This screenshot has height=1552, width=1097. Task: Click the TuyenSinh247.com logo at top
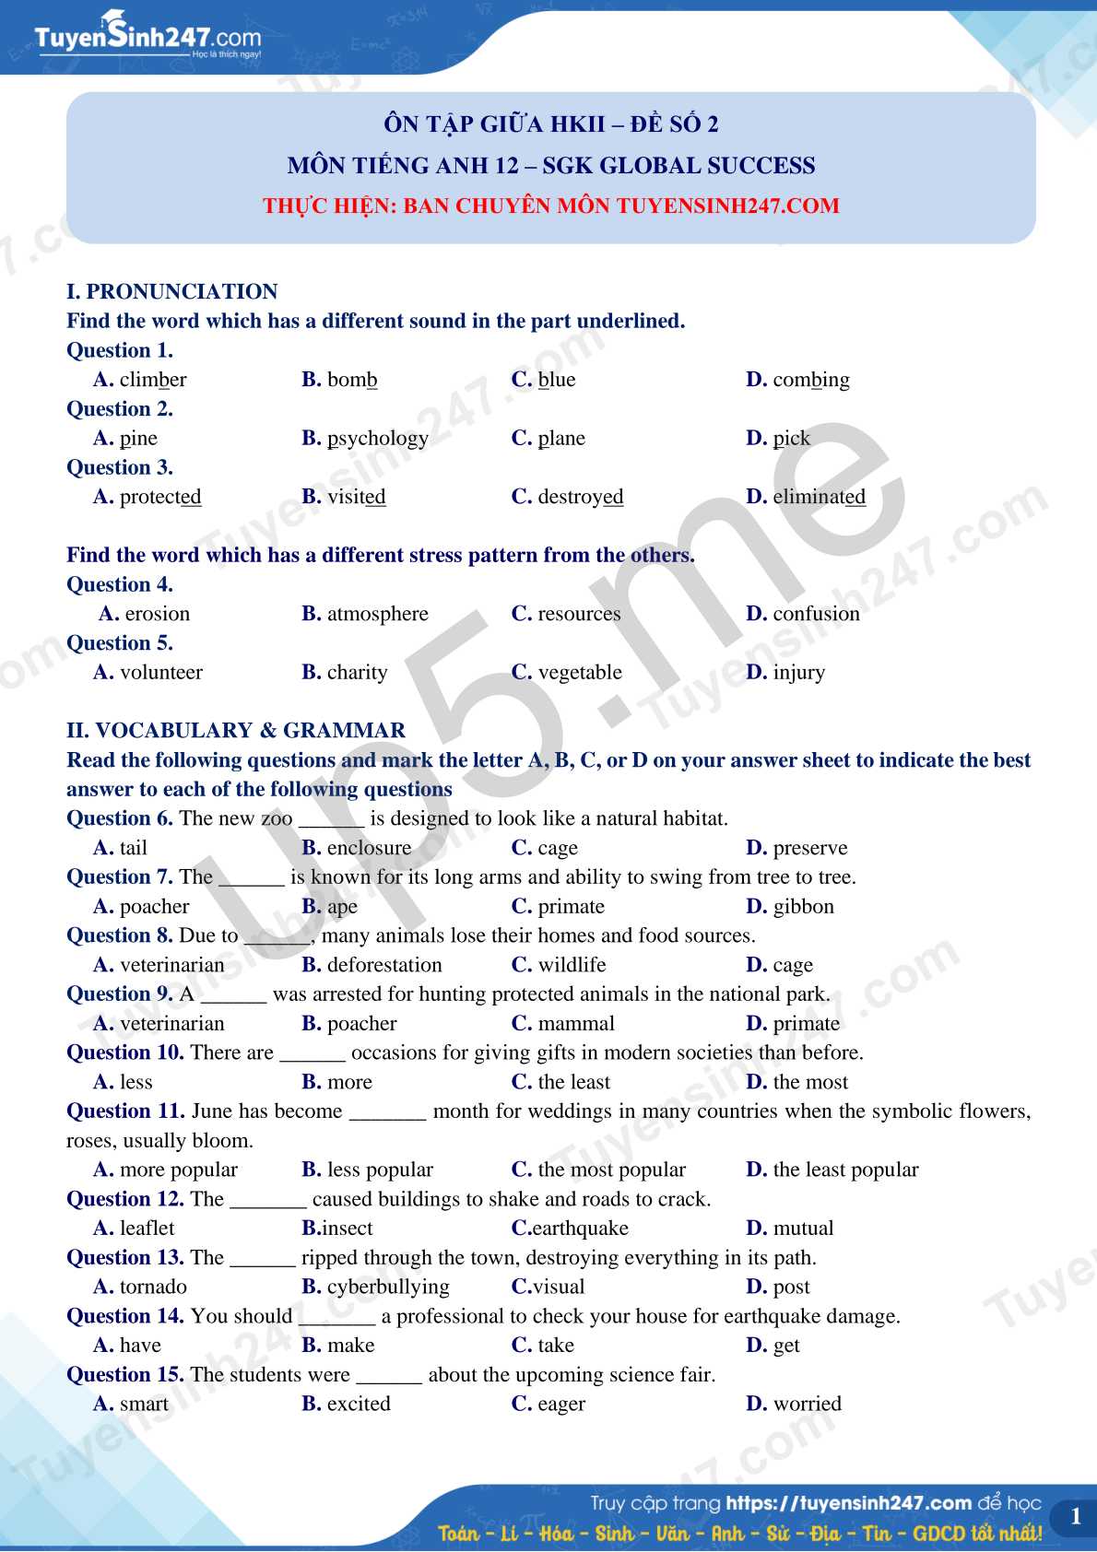147,37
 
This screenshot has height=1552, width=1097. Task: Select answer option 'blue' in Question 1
556,380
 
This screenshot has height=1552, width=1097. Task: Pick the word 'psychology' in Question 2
377,439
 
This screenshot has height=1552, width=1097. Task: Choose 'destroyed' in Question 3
580,497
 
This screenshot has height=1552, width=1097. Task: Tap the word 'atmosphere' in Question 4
377,614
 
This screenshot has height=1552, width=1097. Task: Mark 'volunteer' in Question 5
160,673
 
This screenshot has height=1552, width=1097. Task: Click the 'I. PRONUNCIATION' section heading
172,292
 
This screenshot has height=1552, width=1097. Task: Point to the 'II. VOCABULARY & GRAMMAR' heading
236,731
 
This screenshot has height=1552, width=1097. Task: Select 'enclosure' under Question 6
369,848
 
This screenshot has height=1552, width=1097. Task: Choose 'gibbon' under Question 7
803,907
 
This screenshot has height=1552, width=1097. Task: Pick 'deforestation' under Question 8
384,965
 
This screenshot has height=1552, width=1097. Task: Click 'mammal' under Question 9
576,1024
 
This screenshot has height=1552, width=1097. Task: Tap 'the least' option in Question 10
573,1082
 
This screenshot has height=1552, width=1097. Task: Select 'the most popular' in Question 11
611,1170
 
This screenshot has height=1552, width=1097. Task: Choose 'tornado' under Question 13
153,1287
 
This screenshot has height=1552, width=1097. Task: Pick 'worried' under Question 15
807,1404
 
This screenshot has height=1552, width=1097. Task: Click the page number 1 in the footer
1075,1516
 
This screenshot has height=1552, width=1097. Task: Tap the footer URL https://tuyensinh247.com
848,1503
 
